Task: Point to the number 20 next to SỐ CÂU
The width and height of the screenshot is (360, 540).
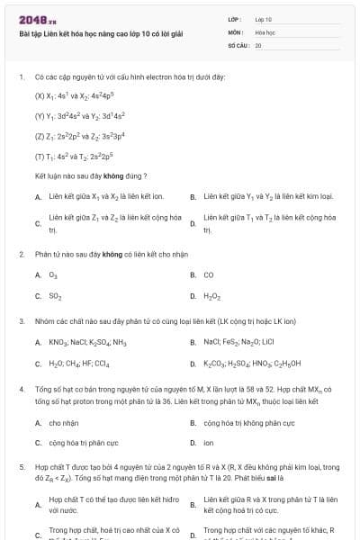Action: point(258,44)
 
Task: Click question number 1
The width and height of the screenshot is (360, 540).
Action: point(21,77)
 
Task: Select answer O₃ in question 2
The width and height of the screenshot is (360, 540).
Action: point(53,274)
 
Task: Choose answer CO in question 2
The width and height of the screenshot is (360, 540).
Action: point(208,274)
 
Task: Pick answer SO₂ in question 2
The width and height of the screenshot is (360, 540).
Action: point(55,295)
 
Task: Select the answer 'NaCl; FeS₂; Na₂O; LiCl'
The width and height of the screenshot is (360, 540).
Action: point(239,342)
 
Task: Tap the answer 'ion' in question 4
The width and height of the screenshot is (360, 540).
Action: point(208,443)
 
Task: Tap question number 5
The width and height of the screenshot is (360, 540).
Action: point(21,468)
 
